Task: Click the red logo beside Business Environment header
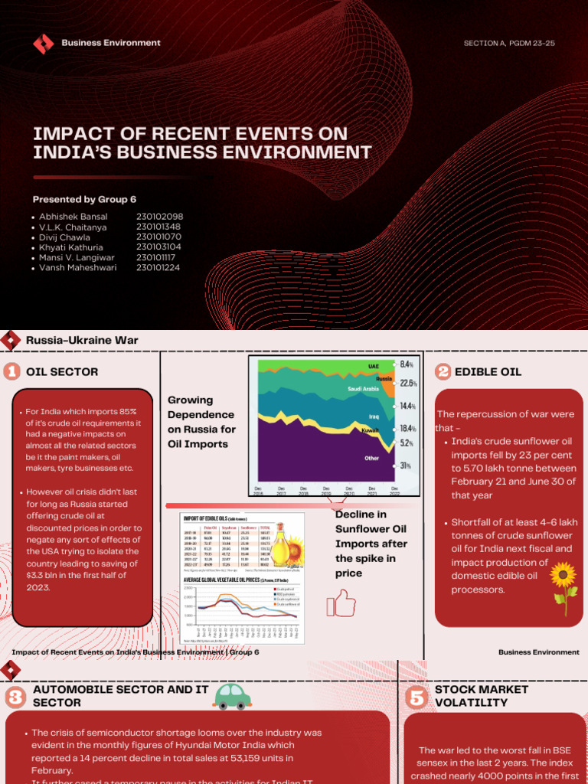click(43, 44)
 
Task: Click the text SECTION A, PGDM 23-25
click(509, 44)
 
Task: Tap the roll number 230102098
click(159, 217)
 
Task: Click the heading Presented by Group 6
click(84, 199)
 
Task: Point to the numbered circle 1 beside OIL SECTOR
click(11, 372)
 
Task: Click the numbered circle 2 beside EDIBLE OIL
click(443, 372)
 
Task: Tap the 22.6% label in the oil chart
click(408, 383)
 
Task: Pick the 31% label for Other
click(405, 465)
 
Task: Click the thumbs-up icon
click(341, 603)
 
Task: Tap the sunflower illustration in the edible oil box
click(563, 586)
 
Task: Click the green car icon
click(233, 696)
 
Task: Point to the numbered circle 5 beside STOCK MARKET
click(416, 697)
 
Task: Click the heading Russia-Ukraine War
click(82, 340)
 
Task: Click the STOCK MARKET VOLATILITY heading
click(471, 696)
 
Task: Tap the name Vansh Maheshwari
click(78, 268)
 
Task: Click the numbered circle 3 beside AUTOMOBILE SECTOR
click(15, 697)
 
